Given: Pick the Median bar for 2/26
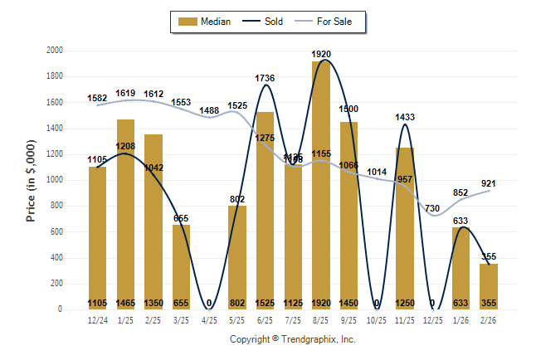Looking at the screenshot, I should [489, 286].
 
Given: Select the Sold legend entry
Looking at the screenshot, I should [263, 22].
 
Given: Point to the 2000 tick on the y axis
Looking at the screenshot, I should [55, 51].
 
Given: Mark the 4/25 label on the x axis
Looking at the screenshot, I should [209, 319].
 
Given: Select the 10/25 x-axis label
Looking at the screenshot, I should [377, 319].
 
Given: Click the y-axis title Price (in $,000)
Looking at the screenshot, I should [31, 181].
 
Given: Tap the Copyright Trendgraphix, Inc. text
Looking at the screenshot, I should [292, 339].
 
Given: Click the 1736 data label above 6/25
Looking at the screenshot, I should [265, 78].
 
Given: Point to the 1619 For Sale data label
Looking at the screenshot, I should [126, 93].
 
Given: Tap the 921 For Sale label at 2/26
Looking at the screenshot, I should [489, 183].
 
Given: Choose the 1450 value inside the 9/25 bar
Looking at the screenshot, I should [349, 303].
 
